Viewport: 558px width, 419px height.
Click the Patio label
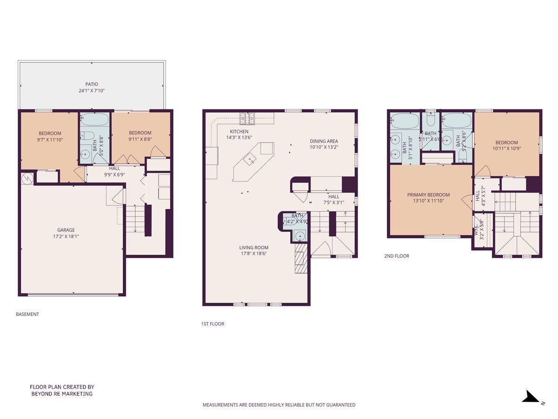pos(91,84)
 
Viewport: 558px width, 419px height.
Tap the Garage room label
pos(66,230)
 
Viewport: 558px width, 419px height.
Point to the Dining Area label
pos(324,141)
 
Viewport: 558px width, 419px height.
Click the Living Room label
pos(253,248)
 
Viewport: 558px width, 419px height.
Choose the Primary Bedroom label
pos(428,195)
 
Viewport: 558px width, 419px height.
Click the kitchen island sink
pos(251,160)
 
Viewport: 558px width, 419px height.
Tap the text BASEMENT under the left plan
pos(27,314)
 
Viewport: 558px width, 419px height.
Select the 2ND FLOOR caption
pos(397,256)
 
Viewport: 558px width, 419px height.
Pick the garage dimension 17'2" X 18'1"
pos(66,236)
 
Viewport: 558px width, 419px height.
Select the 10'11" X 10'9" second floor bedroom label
pos(506,149)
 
